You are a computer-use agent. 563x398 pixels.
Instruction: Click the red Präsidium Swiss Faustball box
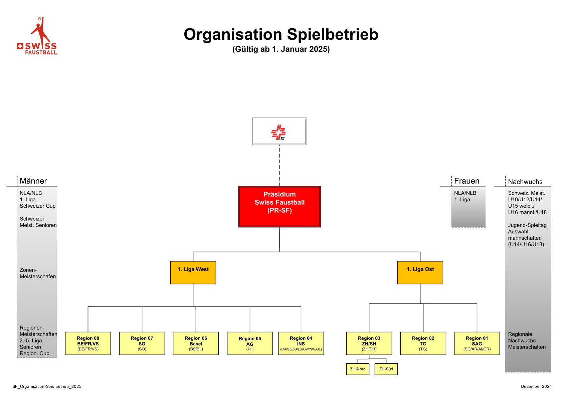click(279, 207)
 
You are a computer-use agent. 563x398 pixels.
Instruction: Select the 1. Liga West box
click(193, 272)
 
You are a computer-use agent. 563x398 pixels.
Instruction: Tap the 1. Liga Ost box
click(420, 272)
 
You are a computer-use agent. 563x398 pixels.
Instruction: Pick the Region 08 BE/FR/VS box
click(88, 343)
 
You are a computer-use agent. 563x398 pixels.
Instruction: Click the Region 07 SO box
click(142, 343)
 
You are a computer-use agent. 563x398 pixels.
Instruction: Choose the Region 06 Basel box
click(196, 343)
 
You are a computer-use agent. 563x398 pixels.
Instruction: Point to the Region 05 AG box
click(250, 343)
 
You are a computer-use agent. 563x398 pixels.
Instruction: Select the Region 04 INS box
click(301, 343)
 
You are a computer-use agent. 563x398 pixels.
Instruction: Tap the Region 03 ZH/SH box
click(369, 343)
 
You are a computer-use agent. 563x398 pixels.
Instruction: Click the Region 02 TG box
click(423, 343)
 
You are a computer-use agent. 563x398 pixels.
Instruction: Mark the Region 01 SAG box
click(477, 343)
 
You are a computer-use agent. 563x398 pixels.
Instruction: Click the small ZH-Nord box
click(358, 369)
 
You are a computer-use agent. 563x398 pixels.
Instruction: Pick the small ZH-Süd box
click(386, 369)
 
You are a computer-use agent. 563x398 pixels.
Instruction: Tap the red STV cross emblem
click(278, 132)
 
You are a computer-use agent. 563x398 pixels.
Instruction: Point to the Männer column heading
click(33, 181)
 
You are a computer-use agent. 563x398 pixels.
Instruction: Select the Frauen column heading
click(467, 181)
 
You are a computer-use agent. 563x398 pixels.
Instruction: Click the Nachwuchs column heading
click(525, 182)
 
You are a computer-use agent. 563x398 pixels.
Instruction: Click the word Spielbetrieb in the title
click(333, 34)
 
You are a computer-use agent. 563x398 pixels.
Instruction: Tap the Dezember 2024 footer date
click(536, 386)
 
